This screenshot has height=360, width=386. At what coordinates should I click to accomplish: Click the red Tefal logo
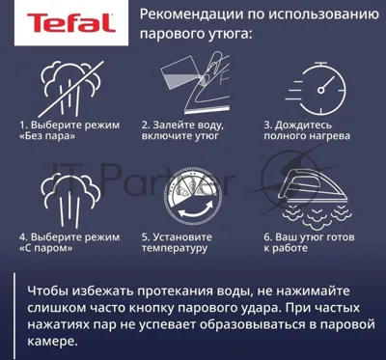pyautogui.click(x=71, y=23)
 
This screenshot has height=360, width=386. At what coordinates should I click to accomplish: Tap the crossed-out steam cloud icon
pyautogui.click(x=70, y=89)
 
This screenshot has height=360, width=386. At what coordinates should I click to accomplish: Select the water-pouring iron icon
pyautogui.click(x=195, y=84)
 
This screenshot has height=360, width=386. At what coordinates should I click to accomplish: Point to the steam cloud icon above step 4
pyautogui.click(x=71, y=199)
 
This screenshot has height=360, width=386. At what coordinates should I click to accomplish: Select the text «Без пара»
pyautogui.click(x=47, y=136)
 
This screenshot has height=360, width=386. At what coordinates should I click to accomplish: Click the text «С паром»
pyautogui.click(x=45, y=248)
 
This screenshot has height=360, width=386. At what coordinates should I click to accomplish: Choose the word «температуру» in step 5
pyautogui.click(x=175, y=248)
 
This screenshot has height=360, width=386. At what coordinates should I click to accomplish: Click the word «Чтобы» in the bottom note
pyautogui.click(x=47, y=291)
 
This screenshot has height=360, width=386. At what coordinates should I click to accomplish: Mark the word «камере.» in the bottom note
pyautogui.click(x=52, y=341)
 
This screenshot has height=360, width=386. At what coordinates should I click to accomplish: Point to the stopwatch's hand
pyautogui.click(x=327, y=84)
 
